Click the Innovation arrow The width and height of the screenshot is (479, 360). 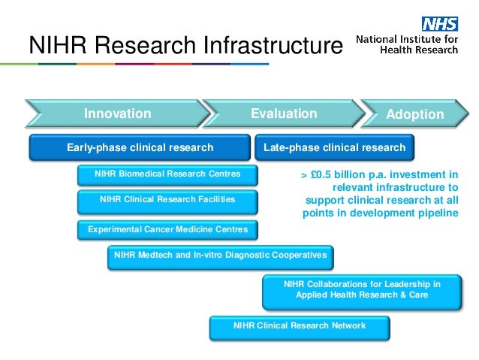tap(117, 113)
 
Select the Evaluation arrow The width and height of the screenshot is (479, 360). tap(284, 113)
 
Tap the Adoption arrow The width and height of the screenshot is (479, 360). tap(414, 114)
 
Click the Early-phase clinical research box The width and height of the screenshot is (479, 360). tap(140, 147)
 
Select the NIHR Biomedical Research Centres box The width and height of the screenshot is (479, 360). tap(167, 174)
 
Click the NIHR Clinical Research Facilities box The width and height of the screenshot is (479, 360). tap(167, 200)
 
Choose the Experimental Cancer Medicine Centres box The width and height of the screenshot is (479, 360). tap(167, 228)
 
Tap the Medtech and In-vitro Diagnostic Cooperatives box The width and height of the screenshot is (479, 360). tap(220, 256)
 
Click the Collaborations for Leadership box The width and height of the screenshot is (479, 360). tap(362, 290)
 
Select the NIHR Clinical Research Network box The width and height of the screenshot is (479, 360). tap(300, 325)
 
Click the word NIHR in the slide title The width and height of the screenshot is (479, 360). tap(54, 47)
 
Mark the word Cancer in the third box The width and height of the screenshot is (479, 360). tap(155, 228)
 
